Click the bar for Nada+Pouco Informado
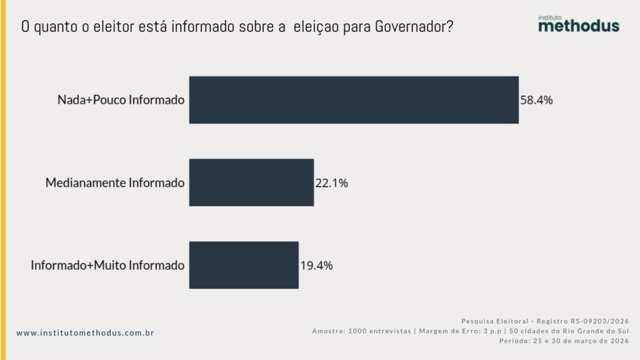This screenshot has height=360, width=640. coord(354,100)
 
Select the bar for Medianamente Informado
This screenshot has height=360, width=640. coord(251,182)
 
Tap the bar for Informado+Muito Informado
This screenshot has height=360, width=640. coord(244,265)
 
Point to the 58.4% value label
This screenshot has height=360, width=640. coord(537,100)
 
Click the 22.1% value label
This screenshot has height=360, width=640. coord(332,183)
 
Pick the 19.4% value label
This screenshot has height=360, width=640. coord(316,265)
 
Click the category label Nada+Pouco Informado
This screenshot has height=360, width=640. coord(121,100)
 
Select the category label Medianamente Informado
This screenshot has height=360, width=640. coord(115,183)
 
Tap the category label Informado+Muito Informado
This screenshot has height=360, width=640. coord(107,265)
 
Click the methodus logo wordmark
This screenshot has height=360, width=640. coord(578,26)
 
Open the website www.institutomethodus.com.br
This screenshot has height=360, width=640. coord(85,333)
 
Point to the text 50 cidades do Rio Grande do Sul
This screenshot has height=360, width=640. coord(569,331)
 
